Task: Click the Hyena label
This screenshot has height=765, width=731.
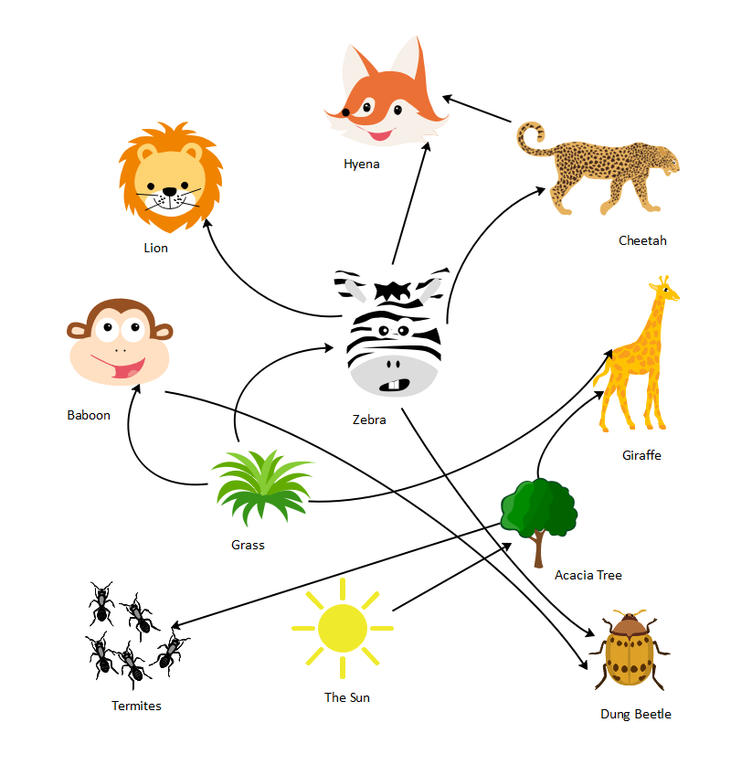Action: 361,165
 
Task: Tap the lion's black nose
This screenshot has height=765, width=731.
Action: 169,192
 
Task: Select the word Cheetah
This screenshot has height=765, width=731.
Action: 642,241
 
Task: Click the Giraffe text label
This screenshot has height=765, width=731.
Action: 641,455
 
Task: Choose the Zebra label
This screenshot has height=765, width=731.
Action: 369,420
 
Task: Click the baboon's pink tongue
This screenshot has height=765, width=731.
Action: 128,370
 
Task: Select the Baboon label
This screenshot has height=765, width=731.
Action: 89,415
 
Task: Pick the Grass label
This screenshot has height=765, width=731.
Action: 248,546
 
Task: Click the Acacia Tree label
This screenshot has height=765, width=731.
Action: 588,576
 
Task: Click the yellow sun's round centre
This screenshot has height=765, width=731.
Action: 343,628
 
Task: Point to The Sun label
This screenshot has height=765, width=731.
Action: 347,698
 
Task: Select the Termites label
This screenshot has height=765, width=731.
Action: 136,706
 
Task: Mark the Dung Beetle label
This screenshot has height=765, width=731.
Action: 635,715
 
